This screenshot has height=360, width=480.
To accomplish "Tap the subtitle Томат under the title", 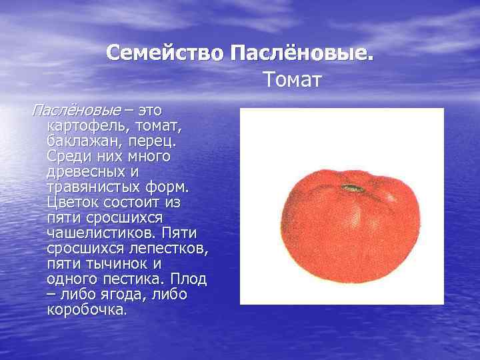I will [292, 80].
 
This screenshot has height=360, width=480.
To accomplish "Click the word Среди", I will [68, 156].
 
